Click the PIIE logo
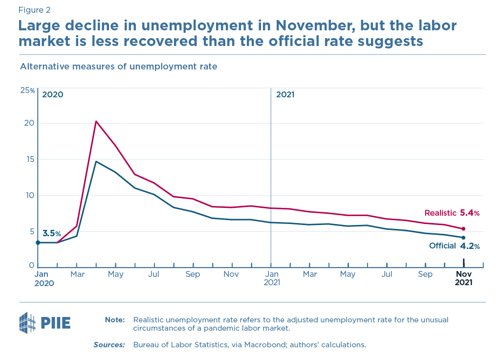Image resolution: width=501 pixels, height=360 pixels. pyautogui.click(x=44, y=323)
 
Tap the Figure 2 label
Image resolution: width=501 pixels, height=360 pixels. pyautogui.click(x=34, y=10)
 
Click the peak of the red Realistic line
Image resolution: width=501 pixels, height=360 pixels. pyautogui.click(x=96, y=121)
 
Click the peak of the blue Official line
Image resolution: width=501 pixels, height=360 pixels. pyautogui.click(x=96, y=161)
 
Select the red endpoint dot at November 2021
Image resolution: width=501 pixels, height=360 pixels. pyautogui.click(x=463, y=229)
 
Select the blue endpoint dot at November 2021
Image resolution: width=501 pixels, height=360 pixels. pyautogui.click(x=463, y=238)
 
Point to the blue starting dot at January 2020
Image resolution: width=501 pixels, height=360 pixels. pyautogui.click(x=38, y=243)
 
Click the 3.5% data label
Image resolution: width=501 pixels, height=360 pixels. pyautogui.click(x=52, y=234)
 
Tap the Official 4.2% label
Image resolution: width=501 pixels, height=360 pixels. pyautogui.click(x=454, y=246)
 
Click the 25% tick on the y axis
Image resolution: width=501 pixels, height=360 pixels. pyautogui.click(x=27, y=90)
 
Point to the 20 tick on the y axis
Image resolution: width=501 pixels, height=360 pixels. pyautogui.click(x=29, y=123)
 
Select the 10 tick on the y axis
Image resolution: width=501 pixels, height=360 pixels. pyautogui.click(x=29, y=196)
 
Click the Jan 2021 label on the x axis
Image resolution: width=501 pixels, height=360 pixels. pyautogui.click(x=271, y=278)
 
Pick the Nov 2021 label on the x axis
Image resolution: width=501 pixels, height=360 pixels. pyautogui.click(x=463, y=278)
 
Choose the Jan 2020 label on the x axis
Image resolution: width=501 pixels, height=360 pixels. pyautogui.click(x=44, y=278)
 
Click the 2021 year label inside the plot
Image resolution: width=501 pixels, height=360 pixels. pyautogui.click(x=285, y=95)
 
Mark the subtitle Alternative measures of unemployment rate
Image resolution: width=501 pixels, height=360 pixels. pyautogui.click(x=118, y=66)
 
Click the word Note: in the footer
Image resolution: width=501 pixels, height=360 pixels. pyautogui.click(x=115, y=320)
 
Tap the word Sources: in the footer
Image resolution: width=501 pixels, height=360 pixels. pyautogui.click(x=109, y=345)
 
